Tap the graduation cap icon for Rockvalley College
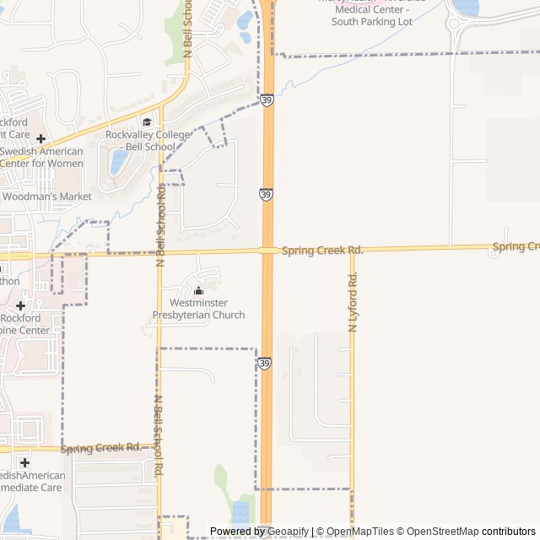146,121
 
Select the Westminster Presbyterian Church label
198,309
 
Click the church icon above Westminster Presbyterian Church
198,291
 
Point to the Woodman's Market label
46,197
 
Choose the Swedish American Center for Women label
41,157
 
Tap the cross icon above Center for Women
40,138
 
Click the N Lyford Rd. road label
353,301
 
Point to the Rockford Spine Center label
25,324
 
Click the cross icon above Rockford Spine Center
20,305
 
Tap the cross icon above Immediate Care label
24,462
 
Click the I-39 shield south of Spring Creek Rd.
265,363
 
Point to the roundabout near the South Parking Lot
461,24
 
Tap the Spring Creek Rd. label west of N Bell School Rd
100,447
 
